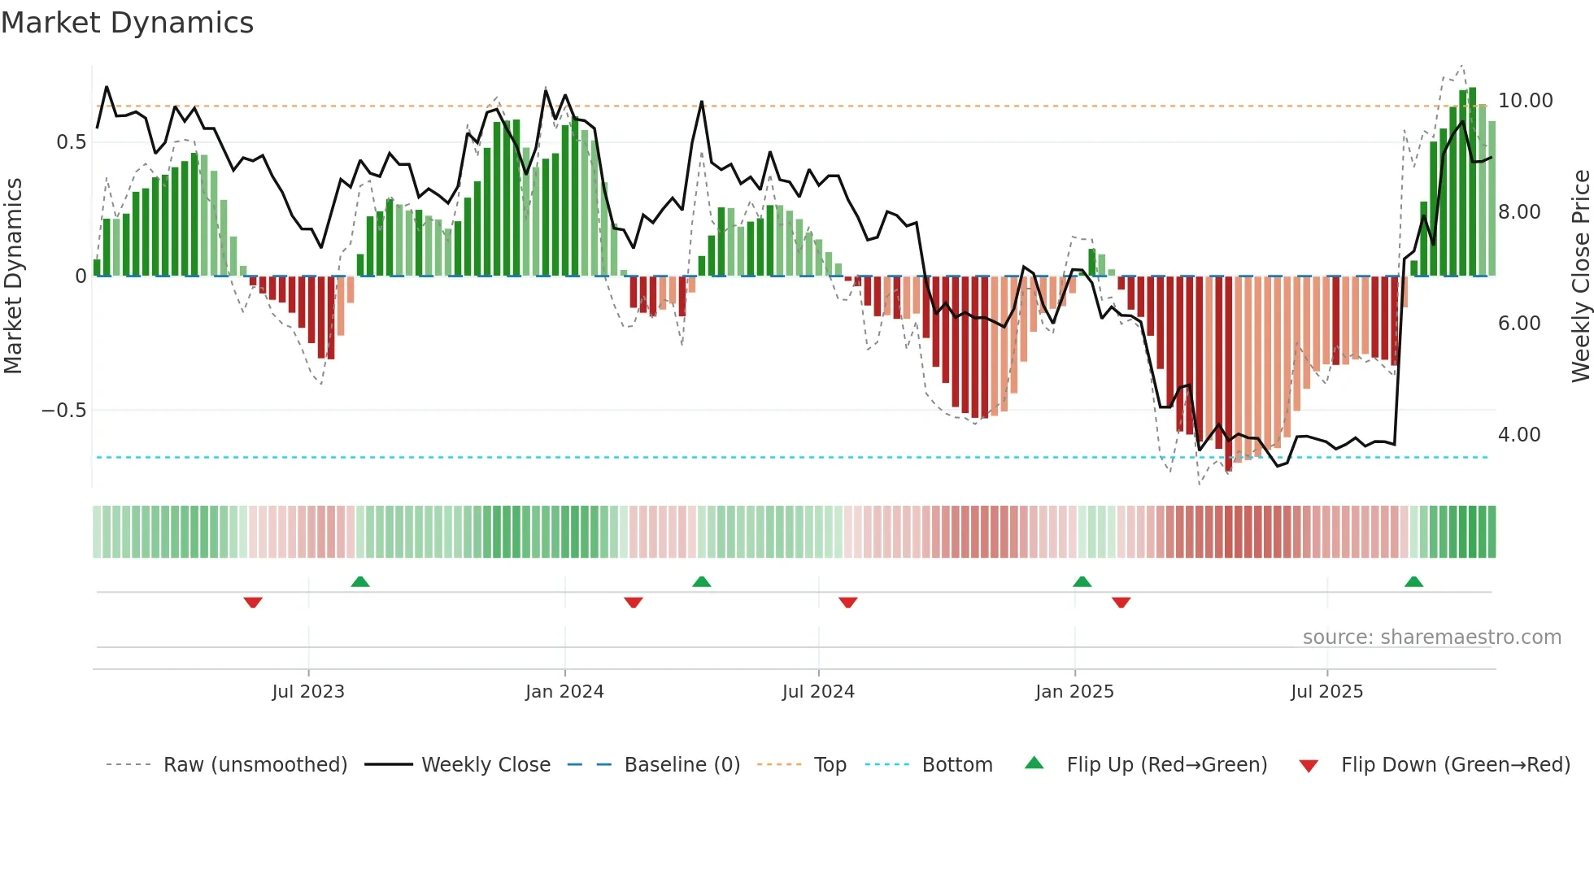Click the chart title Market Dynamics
point(127,23)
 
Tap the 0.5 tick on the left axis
point(71,142)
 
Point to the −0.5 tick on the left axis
point(63,411)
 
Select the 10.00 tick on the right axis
point(1525,101)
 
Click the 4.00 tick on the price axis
point(1519,435)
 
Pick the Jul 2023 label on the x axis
point(308,692)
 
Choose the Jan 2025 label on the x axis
point(1074,692)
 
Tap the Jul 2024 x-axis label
point(818,692)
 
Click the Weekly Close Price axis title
point(1580,276)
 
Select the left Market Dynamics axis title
point(13,276)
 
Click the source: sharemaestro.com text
point(1431,637)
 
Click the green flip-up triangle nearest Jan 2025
point(1082,581)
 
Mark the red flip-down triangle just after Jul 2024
point(847,602)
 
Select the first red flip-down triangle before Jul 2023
point(253,602)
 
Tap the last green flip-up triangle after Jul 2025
point(1413,581)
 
